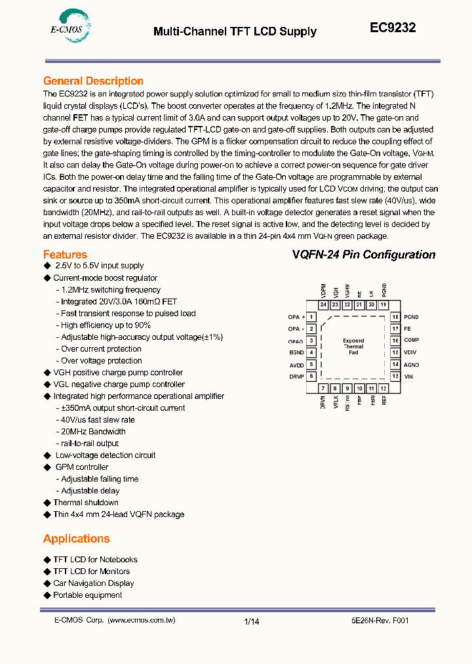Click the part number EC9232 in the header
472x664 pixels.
tap(393, 28)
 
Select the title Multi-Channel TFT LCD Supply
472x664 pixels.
tap(235, 31)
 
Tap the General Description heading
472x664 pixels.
tap(93, 81)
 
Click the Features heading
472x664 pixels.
tap(65, 255)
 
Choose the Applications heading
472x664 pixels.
tap(76, 539)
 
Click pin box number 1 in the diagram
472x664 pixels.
tap(311, 317)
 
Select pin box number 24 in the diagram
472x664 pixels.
tap(323, 305)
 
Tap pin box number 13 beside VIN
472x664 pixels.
tap(395, 377)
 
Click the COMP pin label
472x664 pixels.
tap(411, 341)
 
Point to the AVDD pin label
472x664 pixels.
tap(296, 365)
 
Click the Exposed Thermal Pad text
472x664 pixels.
tap(353, 346)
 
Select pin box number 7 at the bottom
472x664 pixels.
tap(323, 388)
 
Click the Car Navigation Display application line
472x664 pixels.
tap(93, 583)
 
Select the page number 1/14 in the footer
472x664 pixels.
tap(252, 621)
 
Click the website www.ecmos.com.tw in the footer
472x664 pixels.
tap(141, 620)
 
